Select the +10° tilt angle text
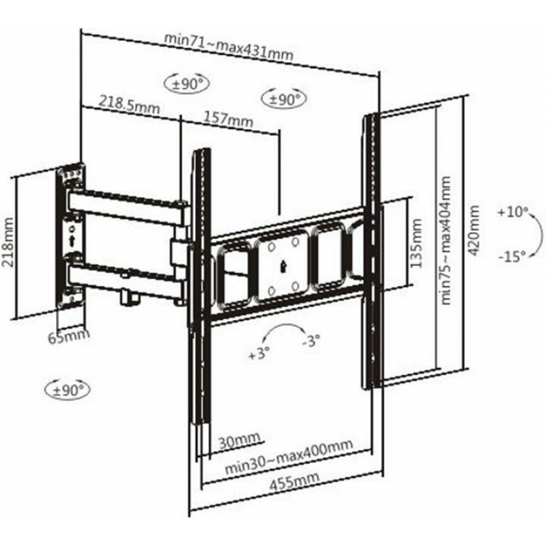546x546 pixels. click(x=513, y=212)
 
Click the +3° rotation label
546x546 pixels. click(x=260, y=355)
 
